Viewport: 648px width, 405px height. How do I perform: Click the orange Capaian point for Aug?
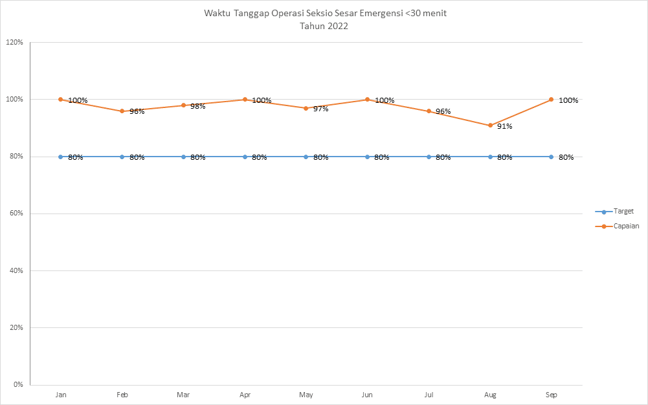pos(490,126)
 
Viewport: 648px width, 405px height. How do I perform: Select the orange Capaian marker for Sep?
pos(552,100)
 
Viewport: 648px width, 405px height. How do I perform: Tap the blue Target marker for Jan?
pos(61,157)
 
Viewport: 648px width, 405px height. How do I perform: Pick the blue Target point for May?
pos(306,157)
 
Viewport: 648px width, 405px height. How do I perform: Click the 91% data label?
pos(504,127)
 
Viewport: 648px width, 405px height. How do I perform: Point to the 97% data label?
pos(320,109)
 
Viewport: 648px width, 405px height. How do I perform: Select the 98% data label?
pos(197,106)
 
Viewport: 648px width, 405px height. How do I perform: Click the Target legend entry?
pos(623,212)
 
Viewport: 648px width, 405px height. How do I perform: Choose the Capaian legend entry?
pos(626,226)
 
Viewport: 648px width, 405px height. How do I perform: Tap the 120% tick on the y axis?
pos(14,43)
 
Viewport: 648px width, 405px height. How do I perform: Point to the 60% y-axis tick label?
pos(16,214)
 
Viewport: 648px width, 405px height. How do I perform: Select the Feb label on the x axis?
pos(122,394)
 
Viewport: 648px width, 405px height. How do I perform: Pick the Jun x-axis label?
pos(367,394)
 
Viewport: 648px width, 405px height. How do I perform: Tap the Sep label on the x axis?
pos(552,394)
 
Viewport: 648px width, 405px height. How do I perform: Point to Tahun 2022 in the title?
pos(324,27)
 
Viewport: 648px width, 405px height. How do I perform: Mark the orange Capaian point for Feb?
pos(122,111)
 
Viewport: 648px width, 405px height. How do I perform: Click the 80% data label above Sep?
pos(566,158)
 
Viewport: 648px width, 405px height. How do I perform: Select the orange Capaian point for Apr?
pos(245,100)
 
